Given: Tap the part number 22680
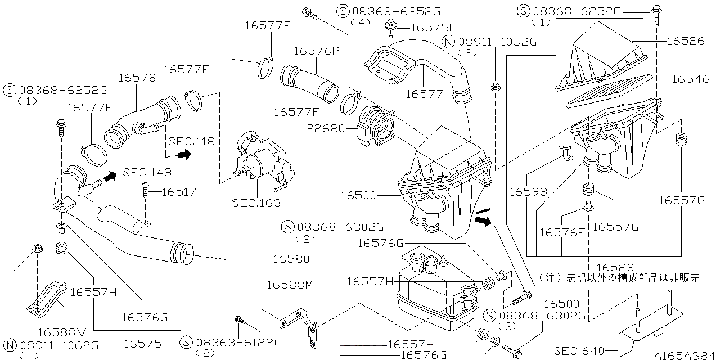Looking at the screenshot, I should tap(325, 128).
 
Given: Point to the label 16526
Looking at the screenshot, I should tap(686, 41).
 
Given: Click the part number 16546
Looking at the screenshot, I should tap(691, 79).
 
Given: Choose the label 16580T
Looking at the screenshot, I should tap(296, 259).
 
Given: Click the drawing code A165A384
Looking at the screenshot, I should tap(686, 355).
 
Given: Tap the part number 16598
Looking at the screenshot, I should tap(528, 192).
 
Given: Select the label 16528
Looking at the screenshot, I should tap(615, 267).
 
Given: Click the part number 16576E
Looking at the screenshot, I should tap(562, 231).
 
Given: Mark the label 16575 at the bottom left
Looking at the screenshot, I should tap(142, 343).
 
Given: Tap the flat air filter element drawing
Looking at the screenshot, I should tap(610, 92).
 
